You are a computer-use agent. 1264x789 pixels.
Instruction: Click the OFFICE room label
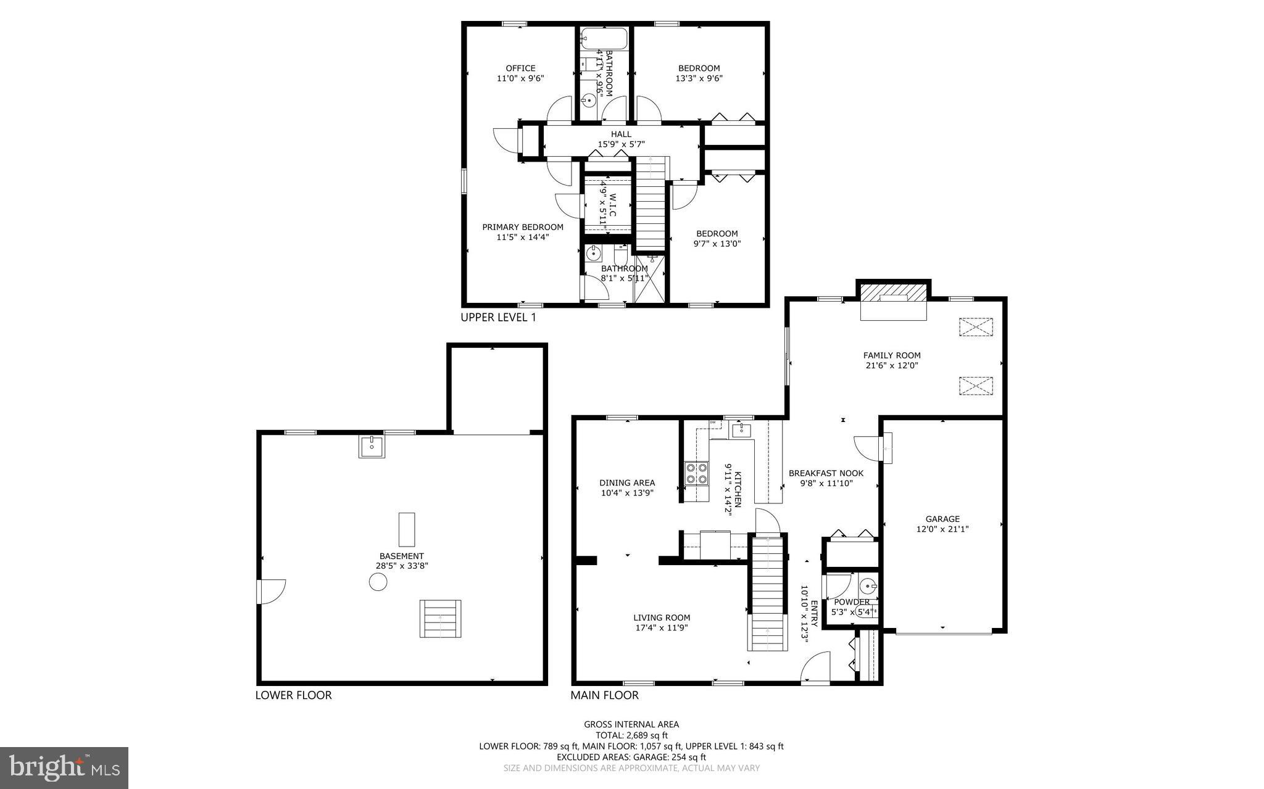click(520, 68)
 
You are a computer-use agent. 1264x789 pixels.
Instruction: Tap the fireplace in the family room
click(894, 303)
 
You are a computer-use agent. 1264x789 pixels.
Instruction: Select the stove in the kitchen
click(697, 473)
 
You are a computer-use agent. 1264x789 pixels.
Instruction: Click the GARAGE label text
click(942, 519)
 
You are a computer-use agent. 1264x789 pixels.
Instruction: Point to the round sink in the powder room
click(868, 585)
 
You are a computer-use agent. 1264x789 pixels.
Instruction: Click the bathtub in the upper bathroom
click(604, 38)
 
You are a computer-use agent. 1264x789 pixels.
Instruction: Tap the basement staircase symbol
click(440, 618)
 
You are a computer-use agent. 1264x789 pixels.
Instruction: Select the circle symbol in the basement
click(378, 582)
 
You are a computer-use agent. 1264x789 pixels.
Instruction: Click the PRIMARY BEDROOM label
click(523, 227)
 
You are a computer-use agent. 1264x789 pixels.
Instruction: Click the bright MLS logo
click(64, 767)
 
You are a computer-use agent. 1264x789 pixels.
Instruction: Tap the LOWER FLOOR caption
click(294, 695)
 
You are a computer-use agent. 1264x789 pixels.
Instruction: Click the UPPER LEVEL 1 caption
click(498, 318)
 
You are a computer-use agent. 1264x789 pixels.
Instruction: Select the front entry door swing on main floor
click(816, 667)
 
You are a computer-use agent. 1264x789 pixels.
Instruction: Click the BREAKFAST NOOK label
click(826, 473)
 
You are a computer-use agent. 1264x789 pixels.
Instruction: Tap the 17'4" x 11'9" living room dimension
click(662, 628)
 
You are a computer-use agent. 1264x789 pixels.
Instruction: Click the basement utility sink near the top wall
click(372, 446)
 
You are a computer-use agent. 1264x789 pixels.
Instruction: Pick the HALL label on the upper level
click(621, 134)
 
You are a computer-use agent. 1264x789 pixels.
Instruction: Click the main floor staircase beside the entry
click(768, 592)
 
